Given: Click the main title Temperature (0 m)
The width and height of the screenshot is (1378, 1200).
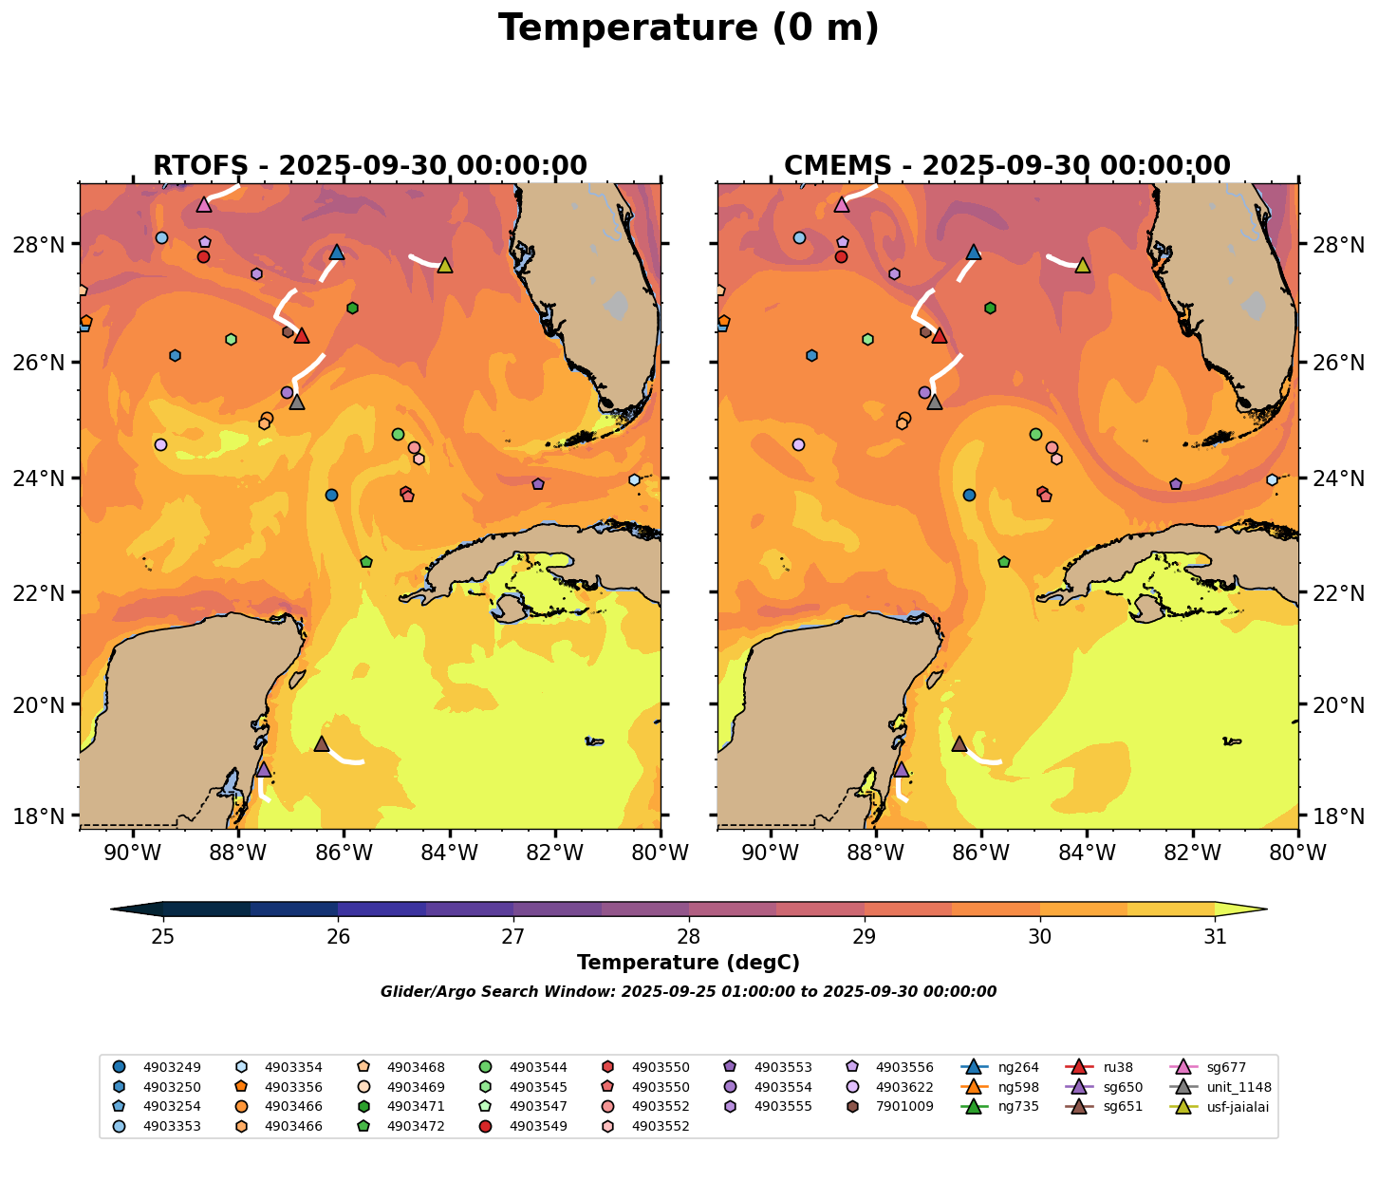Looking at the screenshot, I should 688,28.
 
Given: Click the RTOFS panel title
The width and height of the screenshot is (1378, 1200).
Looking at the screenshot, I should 370,166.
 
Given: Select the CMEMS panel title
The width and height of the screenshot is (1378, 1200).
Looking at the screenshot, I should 1007,166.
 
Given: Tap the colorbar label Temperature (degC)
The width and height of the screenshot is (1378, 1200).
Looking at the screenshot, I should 688,963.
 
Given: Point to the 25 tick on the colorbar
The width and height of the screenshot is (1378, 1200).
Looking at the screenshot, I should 163,937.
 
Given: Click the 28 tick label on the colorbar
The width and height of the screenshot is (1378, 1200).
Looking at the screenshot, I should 689,937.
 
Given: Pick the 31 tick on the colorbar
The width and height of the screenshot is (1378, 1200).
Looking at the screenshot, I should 1215,937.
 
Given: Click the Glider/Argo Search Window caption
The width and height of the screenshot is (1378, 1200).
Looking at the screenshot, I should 688,992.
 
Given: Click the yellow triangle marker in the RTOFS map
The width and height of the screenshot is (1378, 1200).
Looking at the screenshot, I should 444,265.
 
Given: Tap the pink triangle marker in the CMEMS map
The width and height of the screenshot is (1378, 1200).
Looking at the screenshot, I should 841,204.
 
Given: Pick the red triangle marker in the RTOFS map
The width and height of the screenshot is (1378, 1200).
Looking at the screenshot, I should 301,335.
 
